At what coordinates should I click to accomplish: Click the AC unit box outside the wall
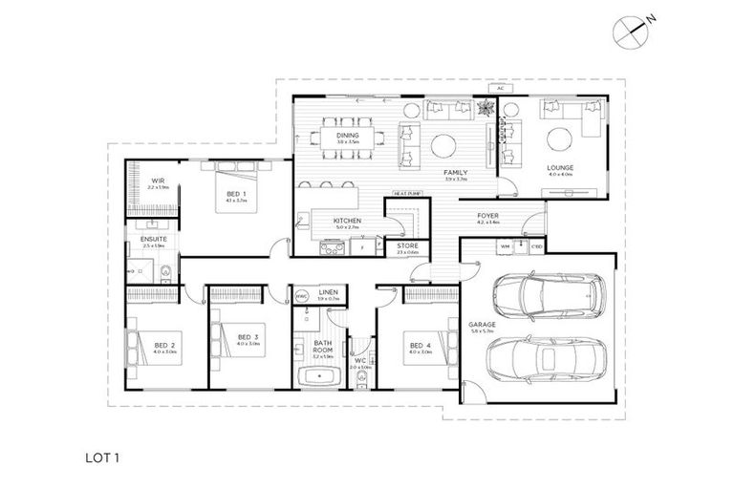tap(499, 89)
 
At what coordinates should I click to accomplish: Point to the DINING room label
tap(347, 136)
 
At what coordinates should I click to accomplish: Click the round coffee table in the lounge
tap(558, 141)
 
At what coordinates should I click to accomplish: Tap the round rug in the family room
tap(446, 145)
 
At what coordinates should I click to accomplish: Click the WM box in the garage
tap(505, 246)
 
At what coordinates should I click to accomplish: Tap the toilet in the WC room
tap(360, 380)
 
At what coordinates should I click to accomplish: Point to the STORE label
tap(407, 245)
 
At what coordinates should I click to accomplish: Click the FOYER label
tap(489, 216)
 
